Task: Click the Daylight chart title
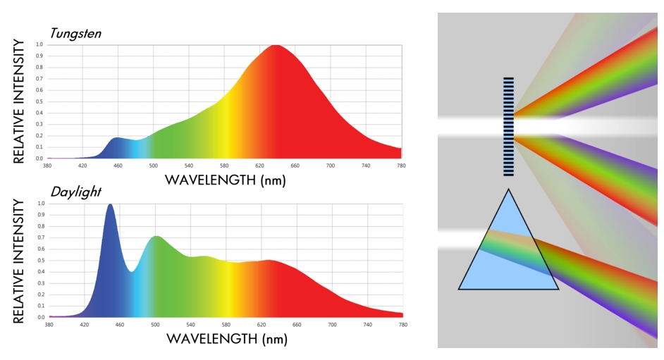75,192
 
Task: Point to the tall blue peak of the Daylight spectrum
110,205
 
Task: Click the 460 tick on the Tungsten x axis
118,166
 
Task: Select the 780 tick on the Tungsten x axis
402,166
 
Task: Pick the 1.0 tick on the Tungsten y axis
39,44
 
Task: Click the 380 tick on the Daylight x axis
49,325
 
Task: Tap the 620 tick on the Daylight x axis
261,325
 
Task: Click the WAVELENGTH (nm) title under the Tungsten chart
225,180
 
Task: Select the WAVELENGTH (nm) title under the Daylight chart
226,339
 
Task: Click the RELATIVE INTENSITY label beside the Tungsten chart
20,101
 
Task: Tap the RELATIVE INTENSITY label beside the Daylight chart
20,261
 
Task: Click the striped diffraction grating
508,126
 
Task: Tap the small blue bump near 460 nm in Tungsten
118,138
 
